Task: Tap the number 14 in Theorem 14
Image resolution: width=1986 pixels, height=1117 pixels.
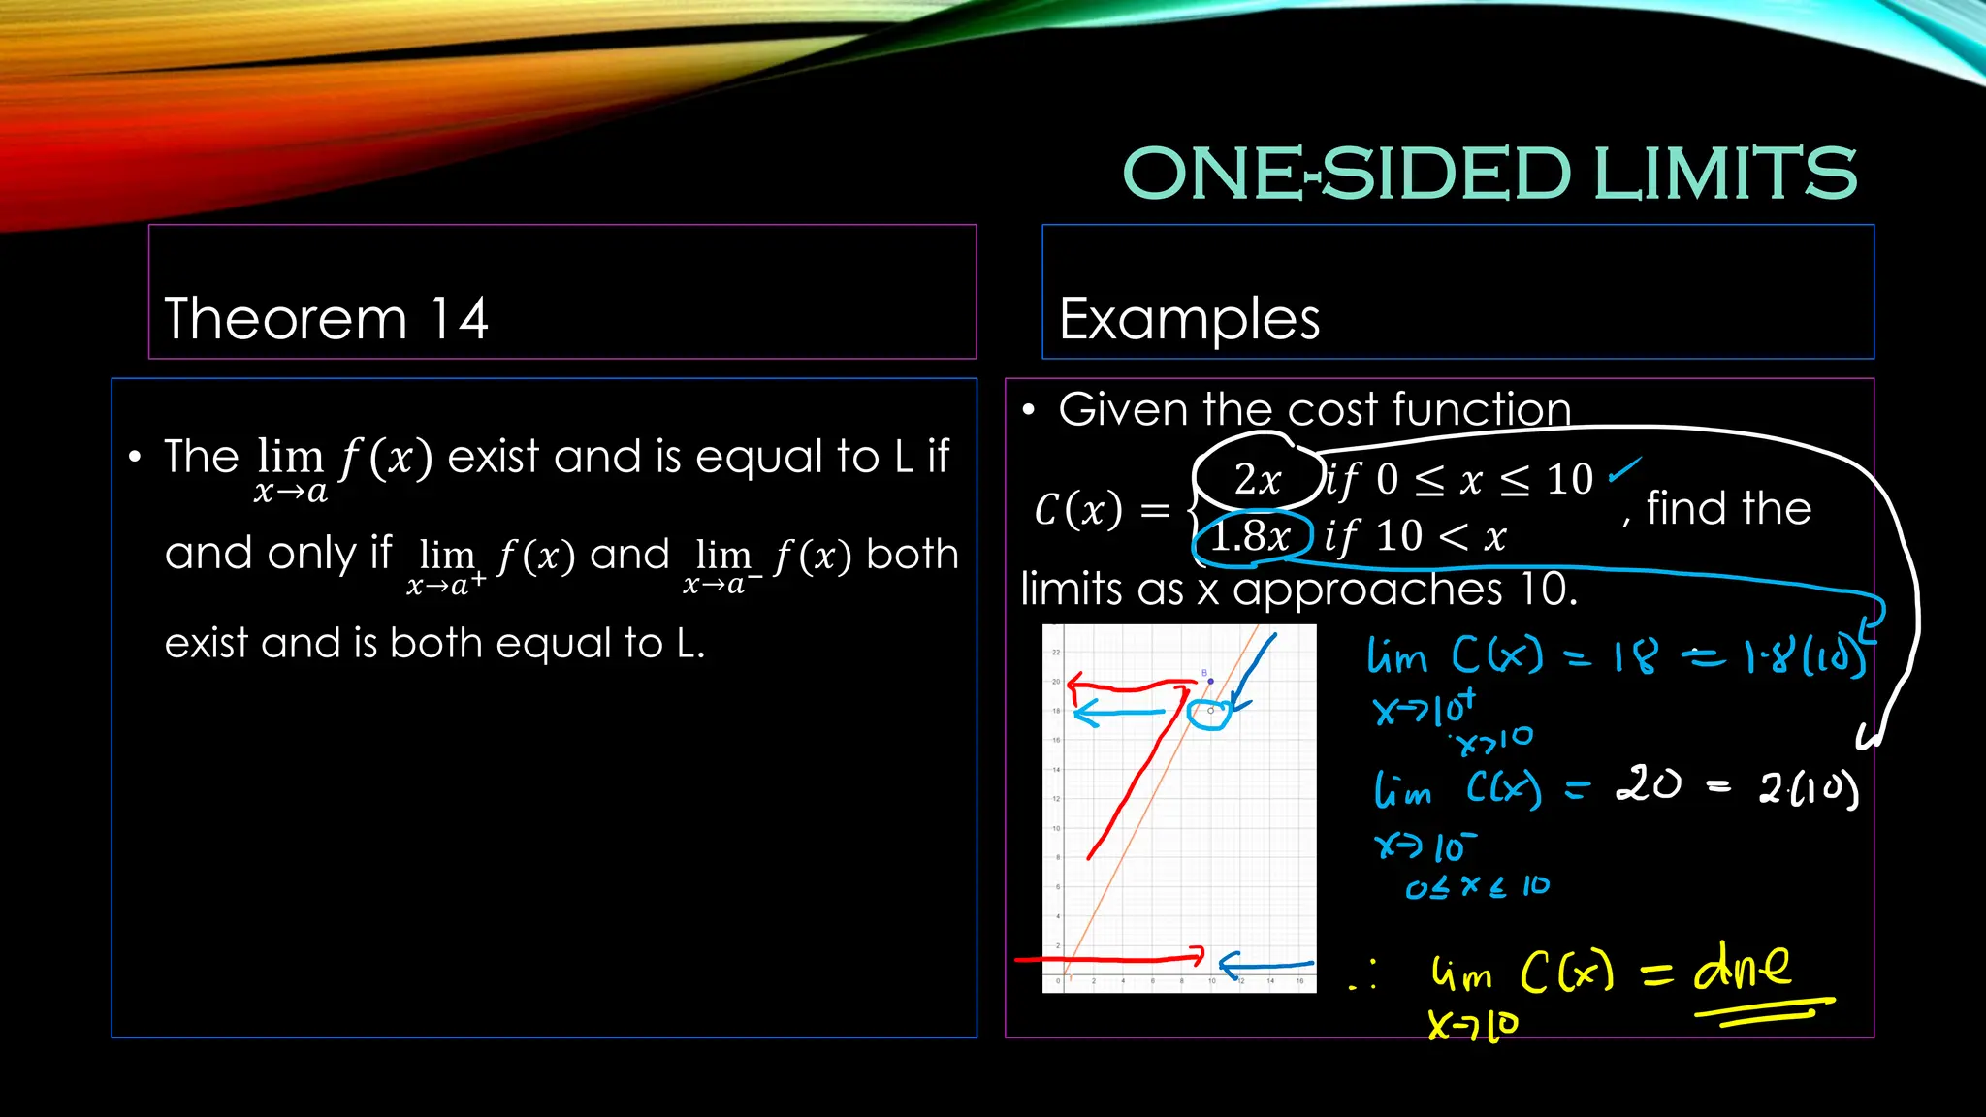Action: tap(459, 319)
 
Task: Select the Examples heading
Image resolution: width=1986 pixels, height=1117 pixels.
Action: tap(1189, 319)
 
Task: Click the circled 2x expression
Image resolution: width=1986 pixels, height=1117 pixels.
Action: tap(1258, 479)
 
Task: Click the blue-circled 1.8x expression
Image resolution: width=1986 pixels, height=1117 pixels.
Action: tap(1251, 536)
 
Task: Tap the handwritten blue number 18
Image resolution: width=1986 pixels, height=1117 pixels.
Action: tap(1636, 656)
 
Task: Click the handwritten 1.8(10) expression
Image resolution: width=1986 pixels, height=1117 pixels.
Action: tap(1806, 657)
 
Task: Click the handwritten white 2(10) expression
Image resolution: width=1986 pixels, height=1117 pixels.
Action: tap(1809, 789)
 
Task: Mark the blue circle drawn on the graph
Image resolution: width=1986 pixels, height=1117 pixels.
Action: tap(1209, 715)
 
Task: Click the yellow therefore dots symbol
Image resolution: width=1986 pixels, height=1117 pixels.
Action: tap(1363, 974)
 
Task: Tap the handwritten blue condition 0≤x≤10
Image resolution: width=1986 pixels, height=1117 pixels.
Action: tap(1477, 886)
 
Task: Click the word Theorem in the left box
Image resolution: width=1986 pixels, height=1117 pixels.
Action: tap(286, 319)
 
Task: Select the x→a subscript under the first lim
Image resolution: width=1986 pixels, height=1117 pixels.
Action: tap(290, 493)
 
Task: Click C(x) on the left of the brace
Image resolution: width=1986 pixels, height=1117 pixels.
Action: tap(1077, 509)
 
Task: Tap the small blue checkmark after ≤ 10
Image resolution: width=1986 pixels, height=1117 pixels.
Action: tap(1624, 470)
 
